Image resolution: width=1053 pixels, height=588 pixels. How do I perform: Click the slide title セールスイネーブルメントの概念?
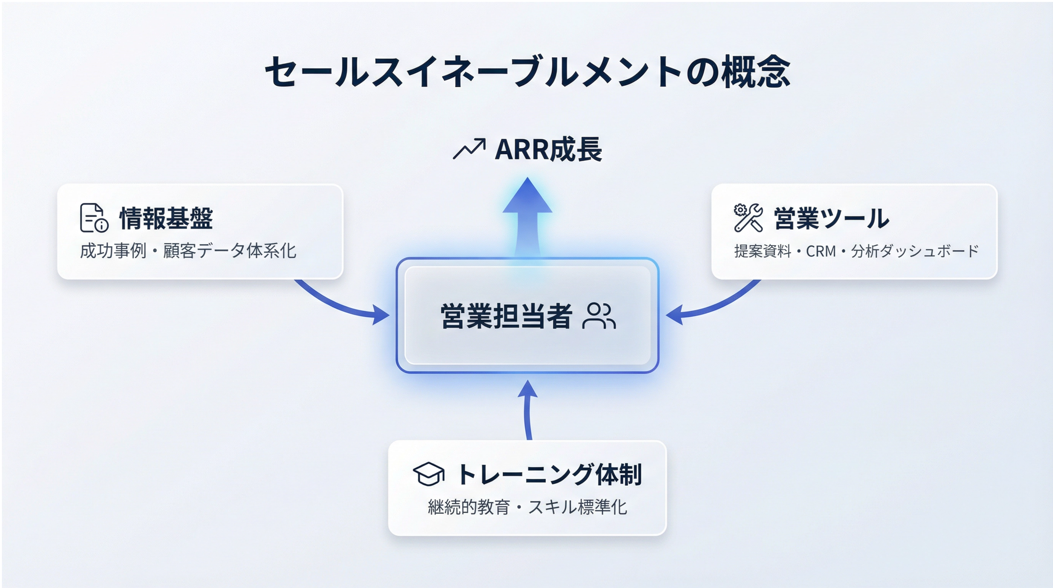[x=527, y=72]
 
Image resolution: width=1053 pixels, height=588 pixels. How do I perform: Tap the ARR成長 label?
[x=548, y=150]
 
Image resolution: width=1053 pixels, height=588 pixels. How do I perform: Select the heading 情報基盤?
[x=166, y=219]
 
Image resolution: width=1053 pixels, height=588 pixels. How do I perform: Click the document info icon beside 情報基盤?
[x=94, y=218]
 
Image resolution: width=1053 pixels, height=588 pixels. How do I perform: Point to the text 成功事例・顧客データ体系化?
[x=188, y=251]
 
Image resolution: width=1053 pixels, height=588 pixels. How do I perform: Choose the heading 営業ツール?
[x=831, y=219]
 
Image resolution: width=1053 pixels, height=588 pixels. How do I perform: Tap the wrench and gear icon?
[x=748, y=218]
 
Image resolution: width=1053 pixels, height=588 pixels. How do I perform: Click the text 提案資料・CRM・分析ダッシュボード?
[x=856, y=251]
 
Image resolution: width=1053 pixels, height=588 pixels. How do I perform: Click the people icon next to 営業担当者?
[x=599, y=316]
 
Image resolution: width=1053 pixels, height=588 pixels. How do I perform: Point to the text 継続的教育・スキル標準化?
[x=527, y=507]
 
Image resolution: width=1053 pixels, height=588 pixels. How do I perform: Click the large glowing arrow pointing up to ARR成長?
[x=527, y=216]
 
